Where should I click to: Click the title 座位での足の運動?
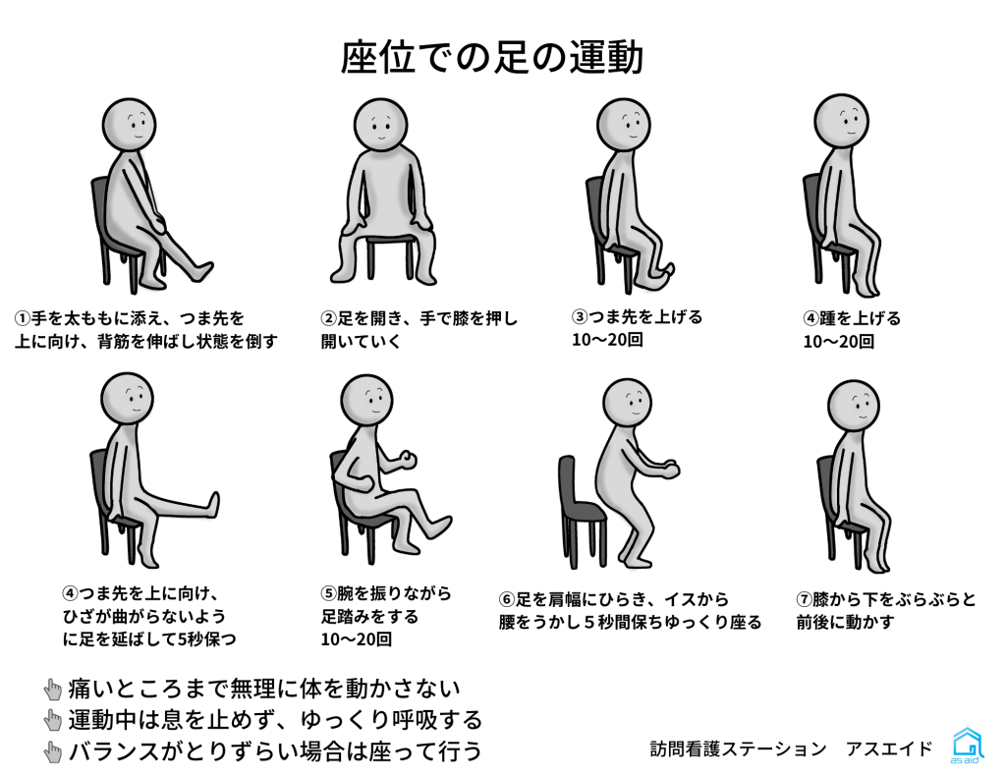point(491,57)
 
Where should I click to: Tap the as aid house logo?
point(967,746)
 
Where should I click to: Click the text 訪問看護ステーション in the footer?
point(738,749)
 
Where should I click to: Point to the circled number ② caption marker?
point(328,318)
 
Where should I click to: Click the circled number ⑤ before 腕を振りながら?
point(328,593)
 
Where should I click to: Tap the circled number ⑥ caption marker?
point(507,600)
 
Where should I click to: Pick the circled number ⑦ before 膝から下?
point(804,600)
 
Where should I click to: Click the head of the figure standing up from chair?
point(628,404)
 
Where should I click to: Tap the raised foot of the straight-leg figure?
point(211,505)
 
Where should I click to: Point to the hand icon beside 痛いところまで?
point(53,690)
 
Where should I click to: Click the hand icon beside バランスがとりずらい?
point(53,752)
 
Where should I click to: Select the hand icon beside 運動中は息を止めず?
point(53,721)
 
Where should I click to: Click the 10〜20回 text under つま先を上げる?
point(607,340)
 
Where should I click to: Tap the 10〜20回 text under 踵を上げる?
point(839,341)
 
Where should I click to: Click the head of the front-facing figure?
point(381,125)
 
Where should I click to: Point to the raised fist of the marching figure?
point(407,460)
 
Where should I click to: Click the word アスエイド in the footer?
point(889,749)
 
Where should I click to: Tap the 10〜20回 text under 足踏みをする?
point(356,639)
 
